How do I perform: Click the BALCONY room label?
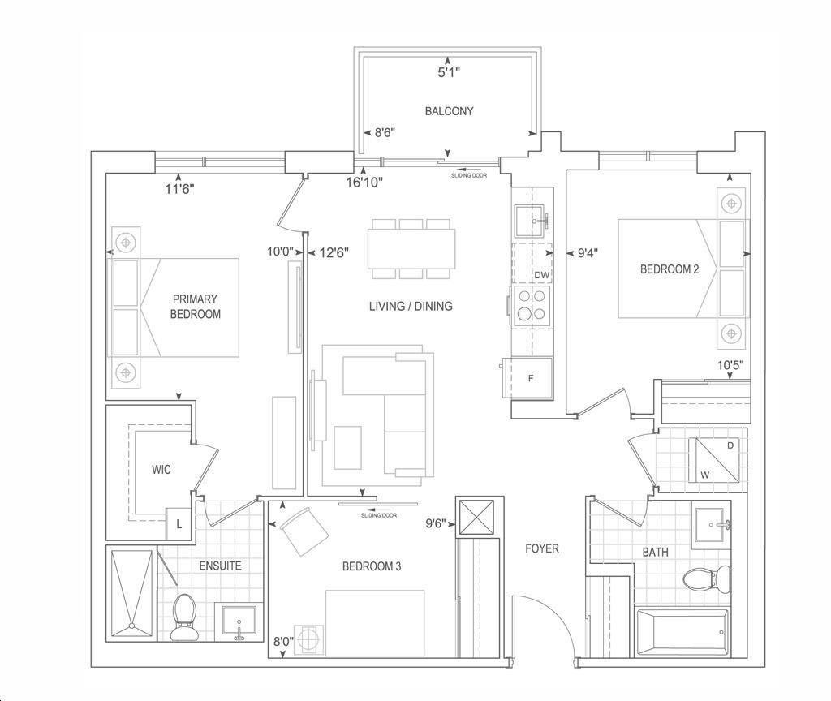click(449, 111)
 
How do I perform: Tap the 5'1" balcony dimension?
click(448, 72)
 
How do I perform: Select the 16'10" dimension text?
click(364, 183)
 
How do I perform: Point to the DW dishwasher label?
click(541, 275)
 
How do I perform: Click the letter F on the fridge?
click(531, 378)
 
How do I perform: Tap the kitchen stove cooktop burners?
click(531, 306)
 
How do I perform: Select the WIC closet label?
click(161, 470)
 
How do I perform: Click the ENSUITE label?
click(220, 566)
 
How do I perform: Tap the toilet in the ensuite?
click(183, 617)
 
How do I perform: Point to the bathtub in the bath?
click(682, 632)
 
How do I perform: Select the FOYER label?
click(541, 548)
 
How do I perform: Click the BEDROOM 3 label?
click(372, 566)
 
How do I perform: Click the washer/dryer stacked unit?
click(713, 460)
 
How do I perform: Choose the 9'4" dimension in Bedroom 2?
click(588, 253)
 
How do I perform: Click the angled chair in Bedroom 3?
click(304, 531)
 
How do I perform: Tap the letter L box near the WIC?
click(179, 524)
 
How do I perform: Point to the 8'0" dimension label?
click(283, 641)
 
